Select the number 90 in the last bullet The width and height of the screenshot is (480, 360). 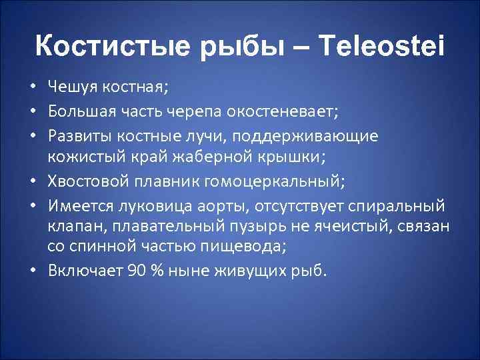point(133,271)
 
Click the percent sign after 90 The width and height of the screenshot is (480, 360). point(154,271)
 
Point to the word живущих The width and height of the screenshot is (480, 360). point(251,271)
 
